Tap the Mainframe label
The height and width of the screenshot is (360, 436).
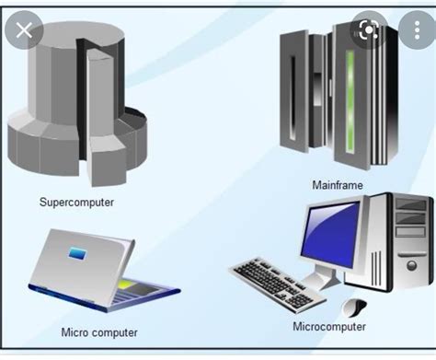tap(338, 185)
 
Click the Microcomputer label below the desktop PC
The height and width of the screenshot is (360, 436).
tap(329, 327)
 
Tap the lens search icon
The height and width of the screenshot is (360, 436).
tap(369, 29)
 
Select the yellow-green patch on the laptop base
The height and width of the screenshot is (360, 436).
tap(123, 285)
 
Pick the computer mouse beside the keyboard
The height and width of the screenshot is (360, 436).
tap(350, 305)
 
